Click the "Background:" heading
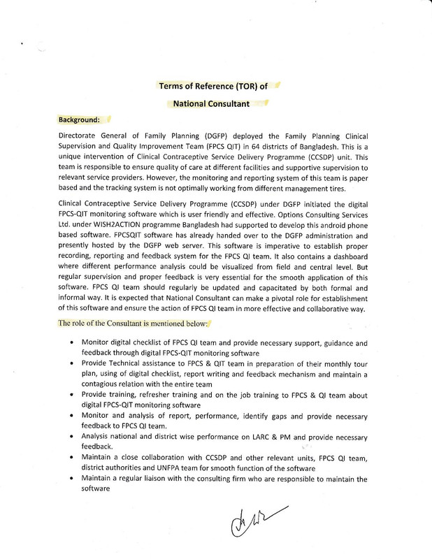click(x=79, y=119)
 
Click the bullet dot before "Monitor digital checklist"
click(x=74, y=342)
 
